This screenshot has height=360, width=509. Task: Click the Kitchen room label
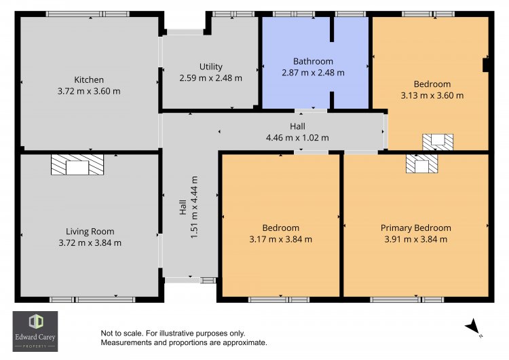89,79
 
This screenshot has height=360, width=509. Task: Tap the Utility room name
210,67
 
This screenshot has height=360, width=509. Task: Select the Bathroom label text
313,61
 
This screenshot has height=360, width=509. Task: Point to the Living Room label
90,232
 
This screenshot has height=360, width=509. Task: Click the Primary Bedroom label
416,228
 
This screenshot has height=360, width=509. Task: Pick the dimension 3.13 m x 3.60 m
432,96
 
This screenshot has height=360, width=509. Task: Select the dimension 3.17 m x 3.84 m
280,240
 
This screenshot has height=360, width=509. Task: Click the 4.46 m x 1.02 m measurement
297,138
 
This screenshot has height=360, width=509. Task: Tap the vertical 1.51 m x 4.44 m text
194,207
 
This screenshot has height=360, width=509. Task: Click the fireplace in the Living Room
77,165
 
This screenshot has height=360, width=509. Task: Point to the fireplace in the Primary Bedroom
421,164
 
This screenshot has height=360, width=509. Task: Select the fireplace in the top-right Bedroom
438,142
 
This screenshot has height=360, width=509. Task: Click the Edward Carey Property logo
35,331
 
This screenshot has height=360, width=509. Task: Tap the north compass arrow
473,326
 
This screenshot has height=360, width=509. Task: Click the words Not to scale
121,334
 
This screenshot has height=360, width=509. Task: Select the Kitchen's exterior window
88,14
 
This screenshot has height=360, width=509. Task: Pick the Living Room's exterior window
92,300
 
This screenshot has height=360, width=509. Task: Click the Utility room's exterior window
233,14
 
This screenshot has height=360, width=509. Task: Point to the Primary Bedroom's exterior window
407,300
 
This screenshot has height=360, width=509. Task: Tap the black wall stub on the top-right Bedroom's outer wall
486,65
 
